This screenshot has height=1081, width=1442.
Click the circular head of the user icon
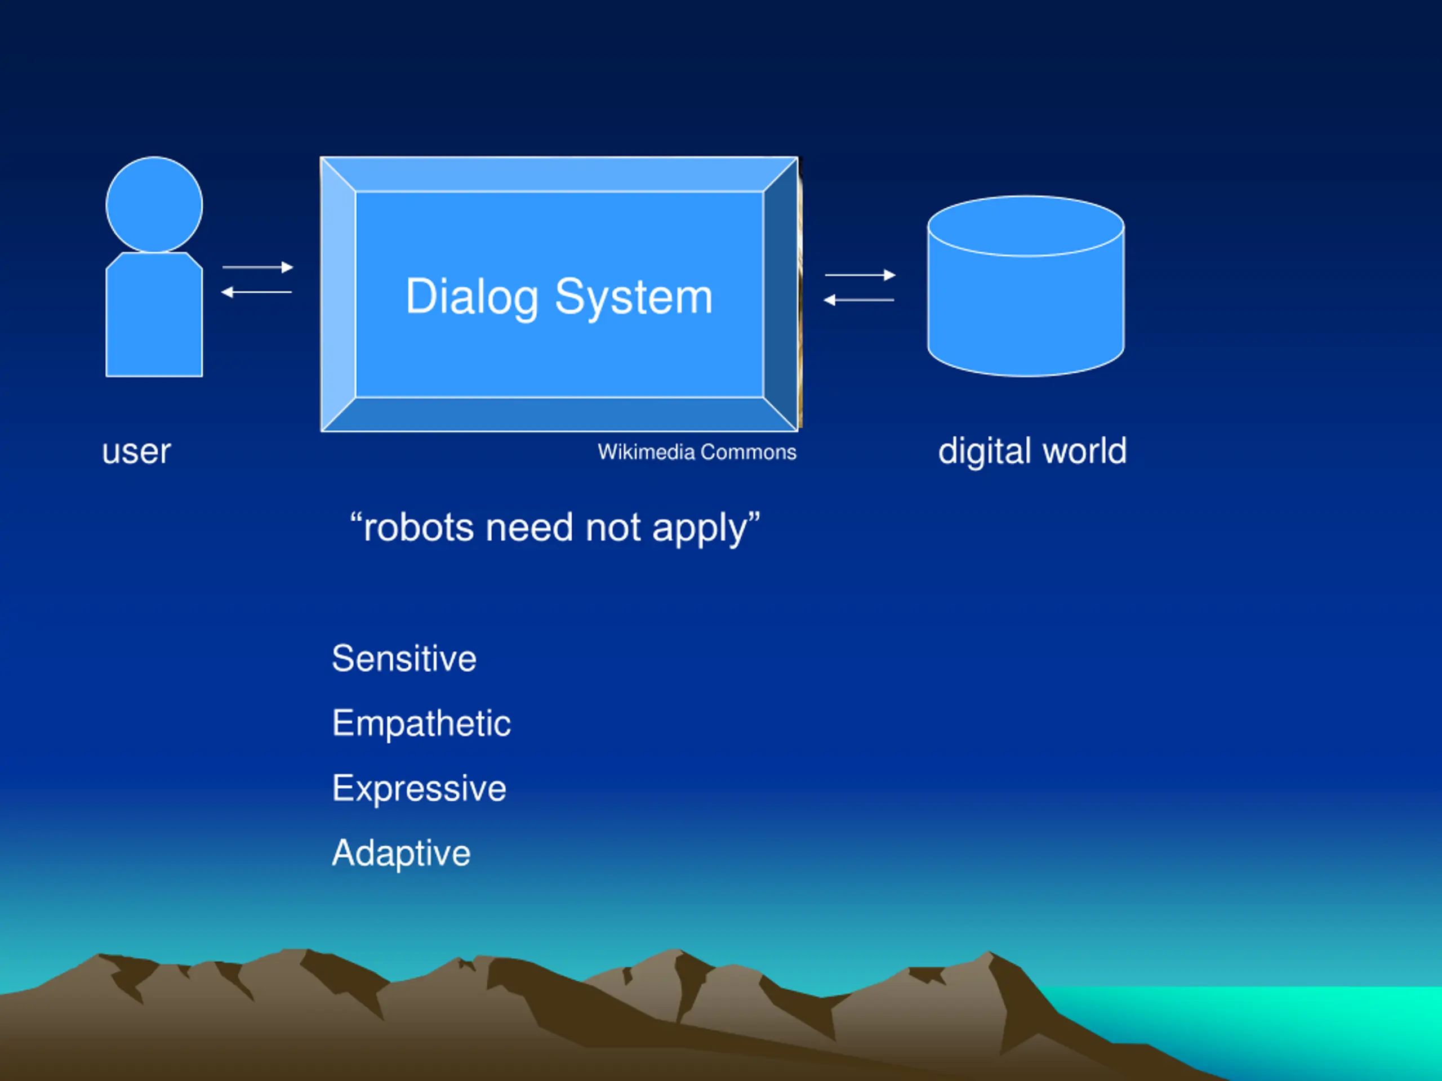[x=154, y=204]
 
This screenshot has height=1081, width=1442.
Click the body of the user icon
[x=154, y=314]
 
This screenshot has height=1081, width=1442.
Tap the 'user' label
[x=136, y=452]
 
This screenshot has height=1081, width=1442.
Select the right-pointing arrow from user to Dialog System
[x=257, y=267]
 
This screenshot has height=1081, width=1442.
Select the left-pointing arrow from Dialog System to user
[x=256, y=292]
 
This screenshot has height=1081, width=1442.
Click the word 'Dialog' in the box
[x=472, y=298]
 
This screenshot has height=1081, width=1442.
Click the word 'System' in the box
[x=634, y=298]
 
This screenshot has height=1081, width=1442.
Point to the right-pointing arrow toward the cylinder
[x=860, y=275]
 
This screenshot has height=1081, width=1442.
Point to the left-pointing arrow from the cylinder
[x=858, y=300]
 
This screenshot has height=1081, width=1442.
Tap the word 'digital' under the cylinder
[x=985, y=452]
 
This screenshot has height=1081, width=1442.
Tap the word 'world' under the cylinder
[x=1085, y=451]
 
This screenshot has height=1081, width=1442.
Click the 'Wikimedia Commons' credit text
[x=697, y=452]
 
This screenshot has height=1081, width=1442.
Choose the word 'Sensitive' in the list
[x=404, y=658]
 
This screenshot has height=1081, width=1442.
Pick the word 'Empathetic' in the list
[x=421, y=723]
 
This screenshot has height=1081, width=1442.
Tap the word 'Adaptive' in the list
[x=401, y=854]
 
